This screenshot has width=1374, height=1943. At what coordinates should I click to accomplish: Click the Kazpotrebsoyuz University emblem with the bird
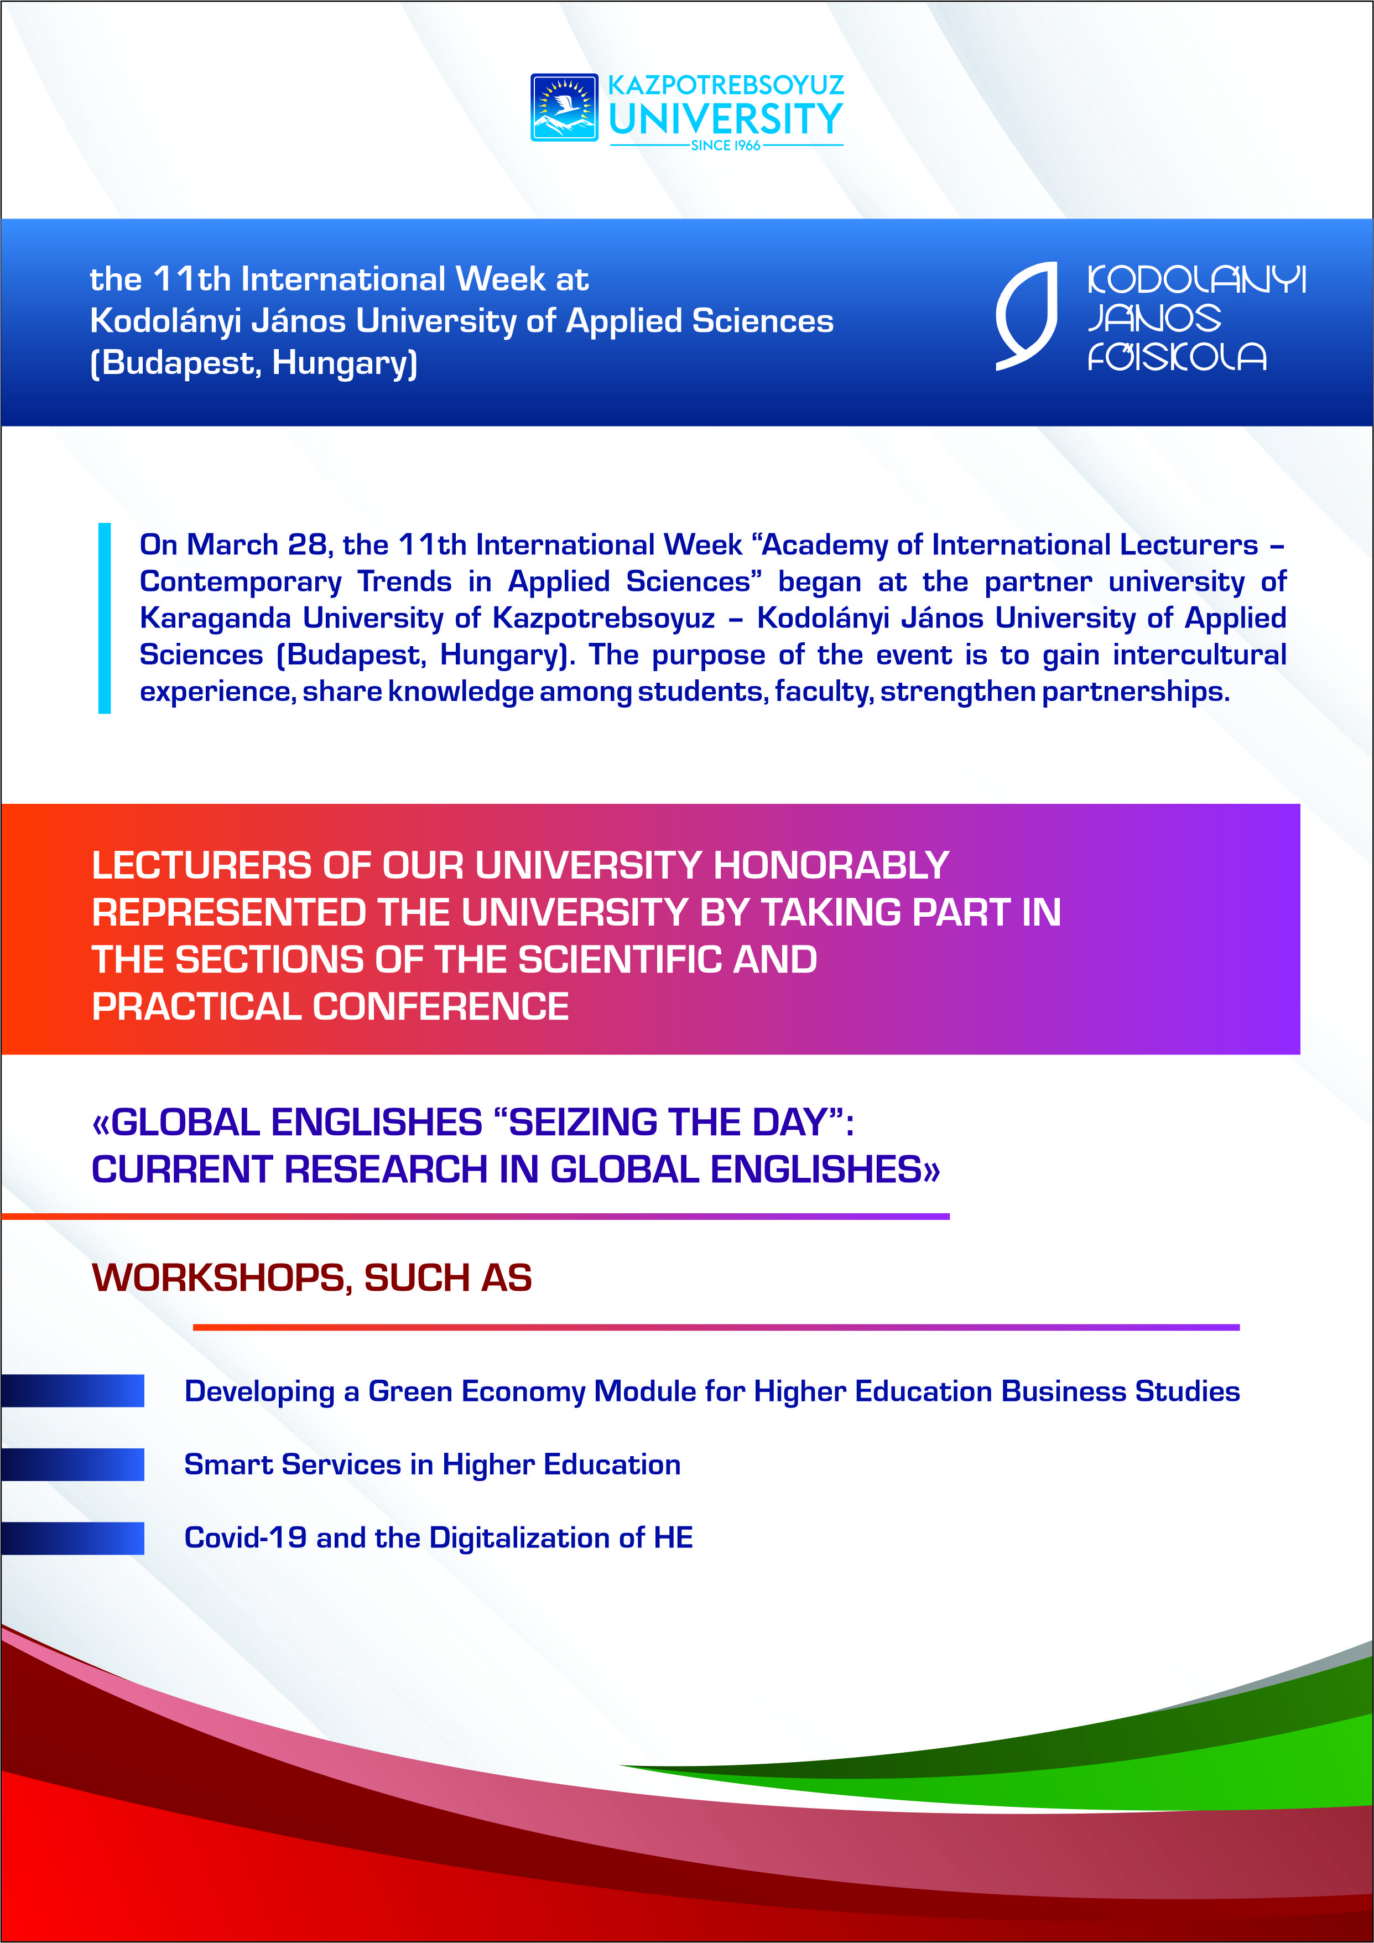pyautogui.click(x=564, y=107)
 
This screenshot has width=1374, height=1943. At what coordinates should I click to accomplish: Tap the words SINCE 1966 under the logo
pyautogui.click(x=725, y=146)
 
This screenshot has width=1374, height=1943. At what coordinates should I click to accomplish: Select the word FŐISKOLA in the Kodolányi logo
pyautogui.click(x=1176, y=357)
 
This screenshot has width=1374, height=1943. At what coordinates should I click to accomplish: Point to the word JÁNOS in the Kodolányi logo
pyautogui.click(x=1153, y=318)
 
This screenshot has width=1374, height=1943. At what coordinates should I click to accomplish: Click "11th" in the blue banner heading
pyautogui.click(x=192, y=279)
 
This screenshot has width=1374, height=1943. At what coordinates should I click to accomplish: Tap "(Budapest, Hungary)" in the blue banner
pyautogui.click(x=254, y=363)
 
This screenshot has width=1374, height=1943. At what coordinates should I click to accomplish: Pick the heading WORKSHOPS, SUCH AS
pyautogui.click(x=311, y=1278)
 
